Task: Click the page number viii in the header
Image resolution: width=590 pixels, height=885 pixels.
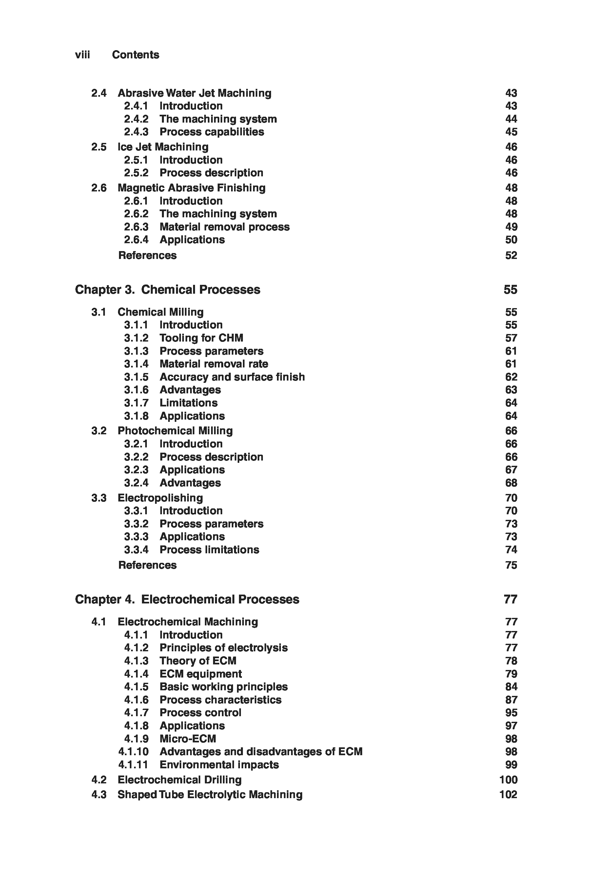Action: pos(82,55)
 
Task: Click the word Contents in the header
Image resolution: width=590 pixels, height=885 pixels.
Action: pos(135,55)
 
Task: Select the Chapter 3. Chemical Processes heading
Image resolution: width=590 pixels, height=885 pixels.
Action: pos(167,289)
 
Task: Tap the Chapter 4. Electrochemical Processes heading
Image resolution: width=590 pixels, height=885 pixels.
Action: pos(187,599)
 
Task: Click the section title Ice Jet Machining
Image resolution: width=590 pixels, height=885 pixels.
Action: pos(163,147)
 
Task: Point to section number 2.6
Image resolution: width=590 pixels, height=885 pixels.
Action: pos(99,188)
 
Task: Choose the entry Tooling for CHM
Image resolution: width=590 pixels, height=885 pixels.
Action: pos(201,338)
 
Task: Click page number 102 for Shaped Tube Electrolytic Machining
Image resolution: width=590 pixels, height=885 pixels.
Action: pos(508,794)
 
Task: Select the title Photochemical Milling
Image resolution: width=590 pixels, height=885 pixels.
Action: pos(175,430)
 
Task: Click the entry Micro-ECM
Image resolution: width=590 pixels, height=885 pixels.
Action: pos(188,738)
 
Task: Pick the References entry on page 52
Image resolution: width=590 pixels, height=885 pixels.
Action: pos(147,255)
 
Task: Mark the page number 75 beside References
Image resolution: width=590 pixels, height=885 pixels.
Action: pos(511,565)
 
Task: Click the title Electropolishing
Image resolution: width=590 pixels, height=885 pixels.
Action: pos(160,498)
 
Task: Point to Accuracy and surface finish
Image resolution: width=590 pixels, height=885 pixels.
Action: pos(232,377)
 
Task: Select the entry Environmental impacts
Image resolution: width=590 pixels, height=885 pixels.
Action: pos(219,765)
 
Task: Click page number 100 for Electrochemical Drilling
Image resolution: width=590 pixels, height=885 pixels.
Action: pos(508,780)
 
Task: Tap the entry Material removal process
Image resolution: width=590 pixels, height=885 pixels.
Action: pos(225,227)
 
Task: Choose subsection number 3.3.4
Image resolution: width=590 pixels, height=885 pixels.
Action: pos(136,550)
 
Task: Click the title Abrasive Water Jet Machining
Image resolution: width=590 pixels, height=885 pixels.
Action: pos(194,93)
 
